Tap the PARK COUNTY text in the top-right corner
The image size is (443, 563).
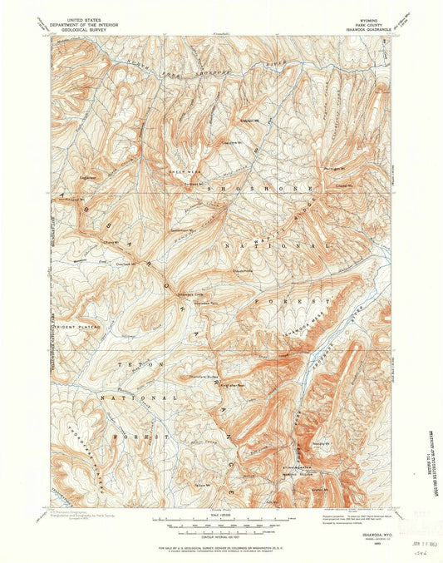click(367, 21)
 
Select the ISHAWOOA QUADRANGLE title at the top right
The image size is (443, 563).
click(366, 26)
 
